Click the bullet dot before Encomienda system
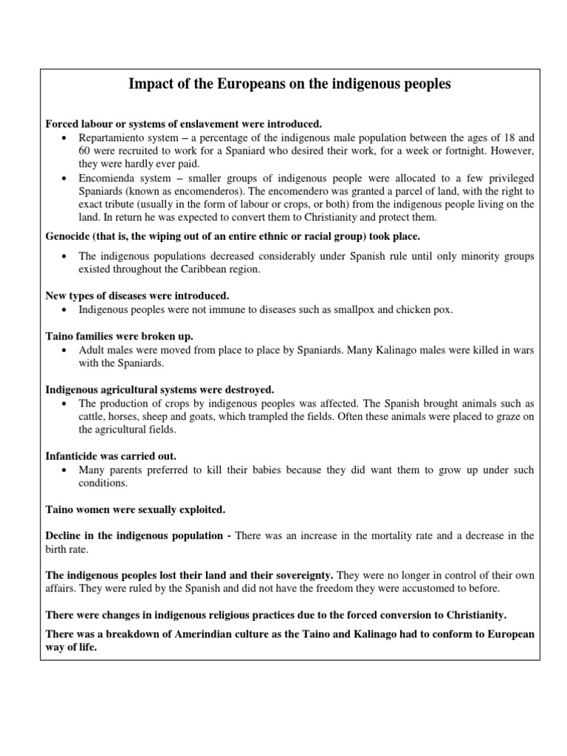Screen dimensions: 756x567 65,179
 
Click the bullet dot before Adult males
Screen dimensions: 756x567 65,349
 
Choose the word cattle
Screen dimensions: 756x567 94,416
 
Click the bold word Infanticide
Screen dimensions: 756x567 75,456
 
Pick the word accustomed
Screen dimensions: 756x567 415,588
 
